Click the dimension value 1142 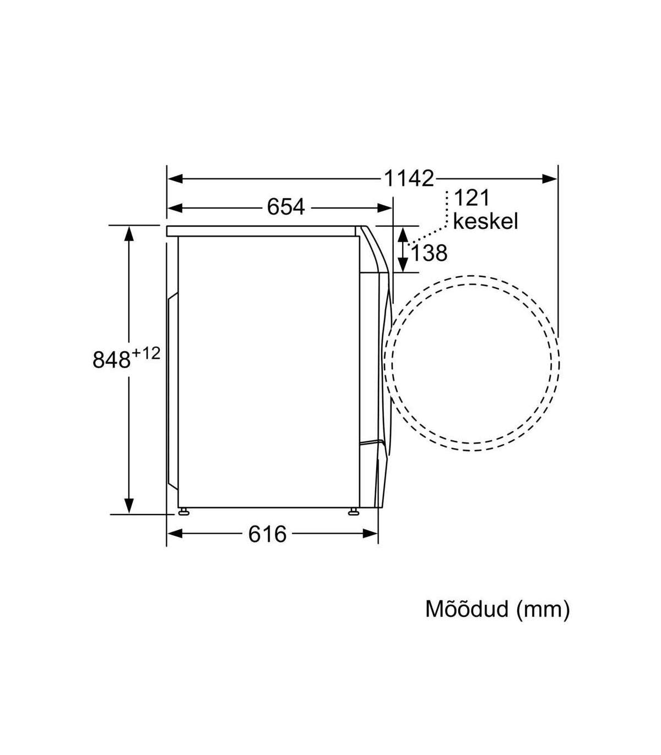pos(409,179)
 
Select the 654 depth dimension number pos(286,207)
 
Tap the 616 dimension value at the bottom pos(267,534)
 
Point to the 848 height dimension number pos(111,359)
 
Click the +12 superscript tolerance pos(146,354)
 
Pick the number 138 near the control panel pos(429,253)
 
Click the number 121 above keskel pos(472,198)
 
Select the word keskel pos(486,221)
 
